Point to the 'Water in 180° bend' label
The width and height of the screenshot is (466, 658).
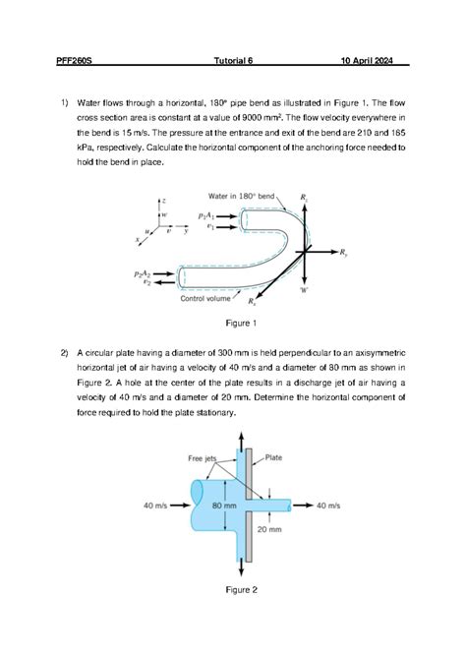(242, 196)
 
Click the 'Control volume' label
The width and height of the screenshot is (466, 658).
(211, 299)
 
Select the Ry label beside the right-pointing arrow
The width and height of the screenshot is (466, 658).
(343, 253)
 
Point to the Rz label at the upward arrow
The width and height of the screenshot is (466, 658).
(305, 200)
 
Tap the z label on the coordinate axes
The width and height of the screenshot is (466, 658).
(163, 200)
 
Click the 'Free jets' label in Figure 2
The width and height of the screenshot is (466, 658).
(203, 458)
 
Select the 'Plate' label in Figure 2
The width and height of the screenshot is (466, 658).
(274, 457)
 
